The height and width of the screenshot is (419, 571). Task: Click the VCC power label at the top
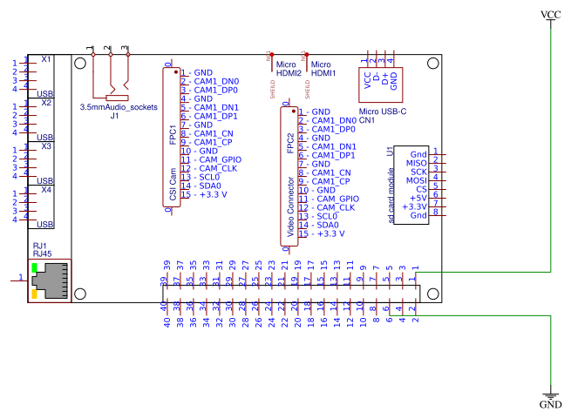pos(551,15)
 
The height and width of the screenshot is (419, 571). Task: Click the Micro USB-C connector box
pos(381,81)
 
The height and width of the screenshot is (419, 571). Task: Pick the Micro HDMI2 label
pos(289,69)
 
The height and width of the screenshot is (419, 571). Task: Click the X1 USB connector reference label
pos(46,59)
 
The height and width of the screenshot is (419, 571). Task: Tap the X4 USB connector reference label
pos(46,189)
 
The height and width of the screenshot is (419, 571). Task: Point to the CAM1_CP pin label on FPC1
pos(213,142)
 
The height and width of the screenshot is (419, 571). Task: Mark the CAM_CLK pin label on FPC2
pos(335,207)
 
